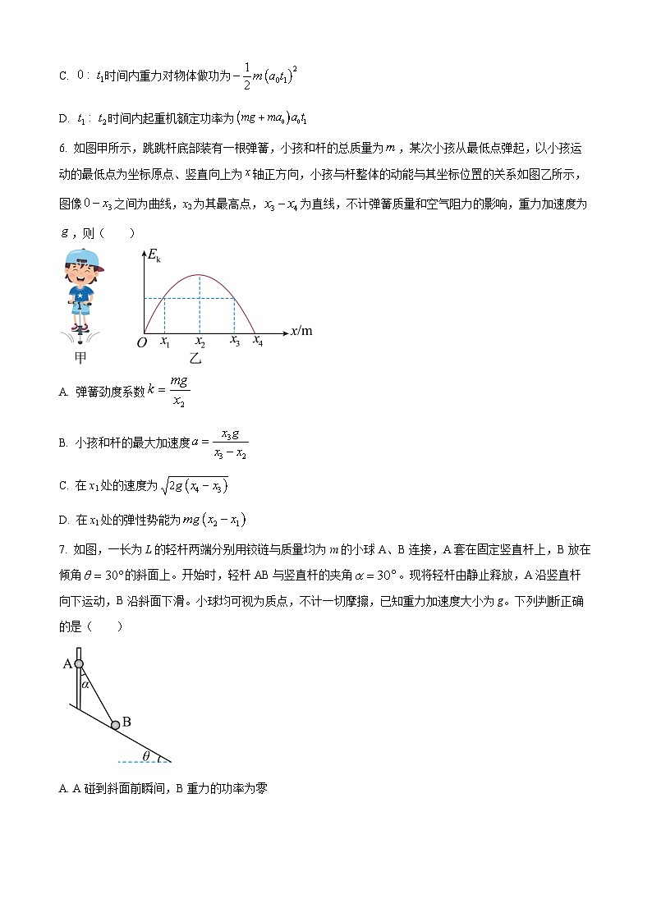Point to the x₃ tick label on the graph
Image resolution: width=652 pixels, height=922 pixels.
234,341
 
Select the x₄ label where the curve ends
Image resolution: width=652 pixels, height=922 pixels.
257,341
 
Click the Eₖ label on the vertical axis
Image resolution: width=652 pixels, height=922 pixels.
153,256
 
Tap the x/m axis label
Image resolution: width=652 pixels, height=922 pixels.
301,331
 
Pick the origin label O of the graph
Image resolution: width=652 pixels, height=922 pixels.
141,342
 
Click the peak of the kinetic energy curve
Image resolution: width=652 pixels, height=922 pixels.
200,274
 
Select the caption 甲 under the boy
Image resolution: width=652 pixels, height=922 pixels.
80,358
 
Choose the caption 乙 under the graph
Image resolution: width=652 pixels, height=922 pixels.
195,358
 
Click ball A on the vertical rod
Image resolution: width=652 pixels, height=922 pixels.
79,663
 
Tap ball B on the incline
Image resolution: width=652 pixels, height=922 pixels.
116,724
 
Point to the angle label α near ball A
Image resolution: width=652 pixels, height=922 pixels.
85,681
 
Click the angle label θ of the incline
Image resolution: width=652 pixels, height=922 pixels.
146,755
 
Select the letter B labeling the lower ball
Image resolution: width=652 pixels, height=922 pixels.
126,722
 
